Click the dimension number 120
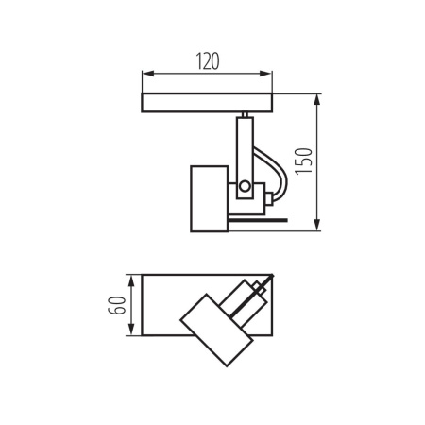(208, 60)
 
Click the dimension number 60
(116, 305)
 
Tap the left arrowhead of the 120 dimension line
(145, 74)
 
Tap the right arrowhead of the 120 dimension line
(271, 74)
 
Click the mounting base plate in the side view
(208, 102)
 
